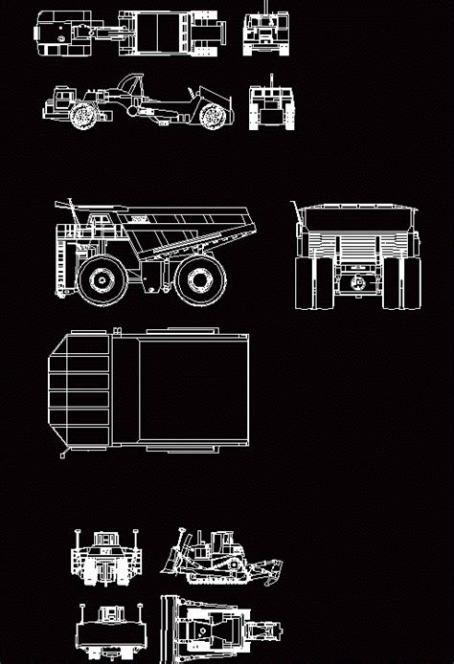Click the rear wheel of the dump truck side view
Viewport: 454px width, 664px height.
pyautogui.click(x=199, y=279)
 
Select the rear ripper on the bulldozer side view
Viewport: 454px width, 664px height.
pyautogui.click(x=271, y=574)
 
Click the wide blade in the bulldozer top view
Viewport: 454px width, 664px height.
pyautogui.click(x=168, y=630)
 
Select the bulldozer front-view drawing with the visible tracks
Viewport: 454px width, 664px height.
pyautogui.click(x=106, y=559)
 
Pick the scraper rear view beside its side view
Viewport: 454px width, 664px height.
pyautogui.click(x=269, y=105)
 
